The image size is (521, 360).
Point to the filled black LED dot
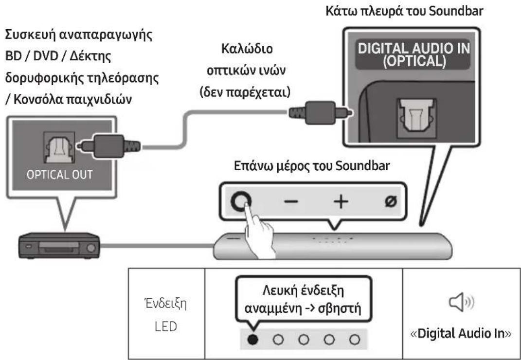point(252,339)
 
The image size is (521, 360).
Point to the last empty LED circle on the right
point(357,339)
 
